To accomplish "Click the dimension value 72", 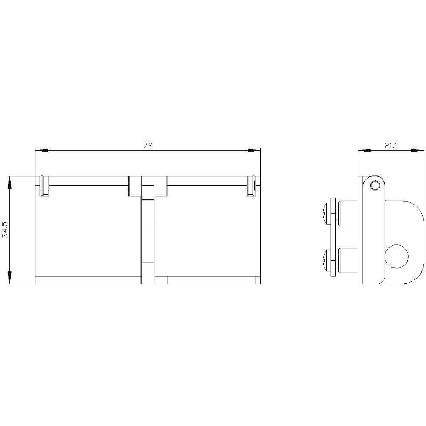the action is point(148,146).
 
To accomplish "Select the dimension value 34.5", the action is point(5,230).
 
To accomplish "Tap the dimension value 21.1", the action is point(391,146).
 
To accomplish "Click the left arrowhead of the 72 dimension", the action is point(42,150).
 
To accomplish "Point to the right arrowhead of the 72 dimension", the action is point(254,150).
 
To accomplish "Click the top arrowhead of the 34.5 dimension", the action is point(9,182).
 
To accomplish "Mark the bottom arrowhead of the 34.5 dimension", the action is point(9,277).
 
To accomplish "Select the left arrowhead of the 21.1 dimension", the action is point(364,150).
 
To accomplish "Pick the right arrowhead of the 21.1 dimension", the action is point(417,150).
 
